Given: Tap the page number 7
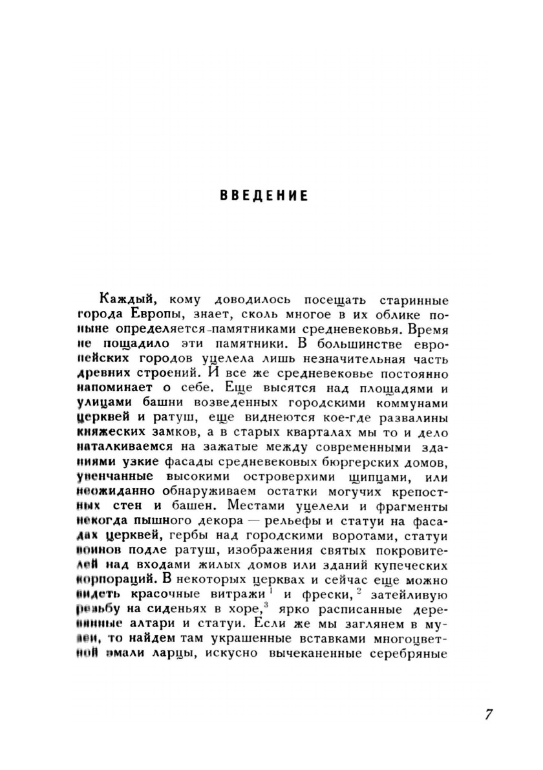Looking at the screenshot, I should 488,714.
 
